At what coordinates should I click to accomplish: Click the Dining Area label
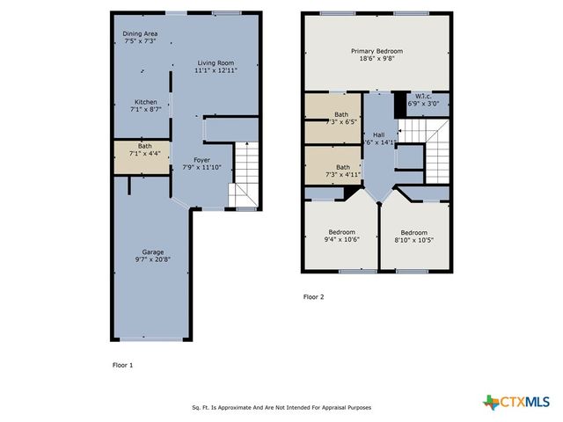coord(139,34)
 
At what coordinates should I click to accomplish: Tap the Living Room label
coord(215,63)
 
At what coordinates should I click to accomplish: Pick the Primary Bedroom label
coord(376,52)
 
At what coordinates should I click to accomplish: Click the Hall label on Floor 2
coord(379,135)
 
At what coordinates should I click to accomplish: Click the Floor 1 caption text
coord(122,363)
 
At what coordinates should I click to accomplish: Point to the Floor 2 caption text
coord(313,296)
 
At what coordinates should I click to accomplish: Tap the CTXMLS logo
coord(518,401)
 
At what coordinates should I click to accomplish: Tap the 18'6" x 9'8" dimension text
coord(376,60)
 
